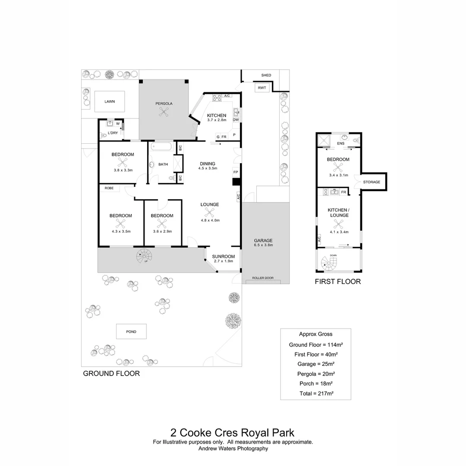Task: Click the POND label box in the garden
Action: (131, 331)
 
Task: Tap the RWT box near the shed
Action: (262, 88)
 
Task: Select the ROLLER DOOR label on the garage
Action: (262, 278)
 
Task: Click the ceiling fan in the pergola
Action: (164, 112)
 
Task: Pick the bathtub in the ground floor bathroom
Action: (161, 148)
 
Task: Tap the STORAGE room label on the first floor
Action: (372, 182)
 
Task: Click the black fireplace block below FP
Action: (236, 182)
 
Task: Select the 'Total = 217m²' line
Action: (316, 394)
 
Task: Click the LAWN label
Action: (110, 102)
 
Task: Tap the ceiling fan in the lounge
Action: (210, 212)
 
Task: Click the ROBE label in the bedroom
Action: (109, 188)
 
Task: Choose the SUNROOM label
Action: (224, 256)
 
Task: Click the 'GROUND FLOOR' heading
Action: (111, 374)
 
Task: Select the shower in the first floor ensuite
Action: (323, 140)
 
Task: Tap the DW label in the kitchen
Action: (236, 120)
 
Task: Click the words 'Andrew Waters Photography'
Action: (233, 448)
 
